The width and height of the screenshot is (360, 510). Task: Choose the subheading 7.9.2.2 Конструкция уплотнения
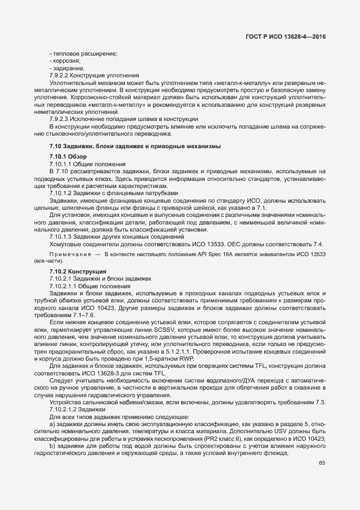click(x=94, y=75)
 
